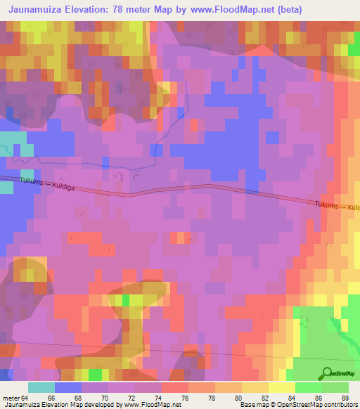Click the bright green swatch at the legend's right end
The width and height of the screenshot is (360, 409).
click(335, 387)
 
